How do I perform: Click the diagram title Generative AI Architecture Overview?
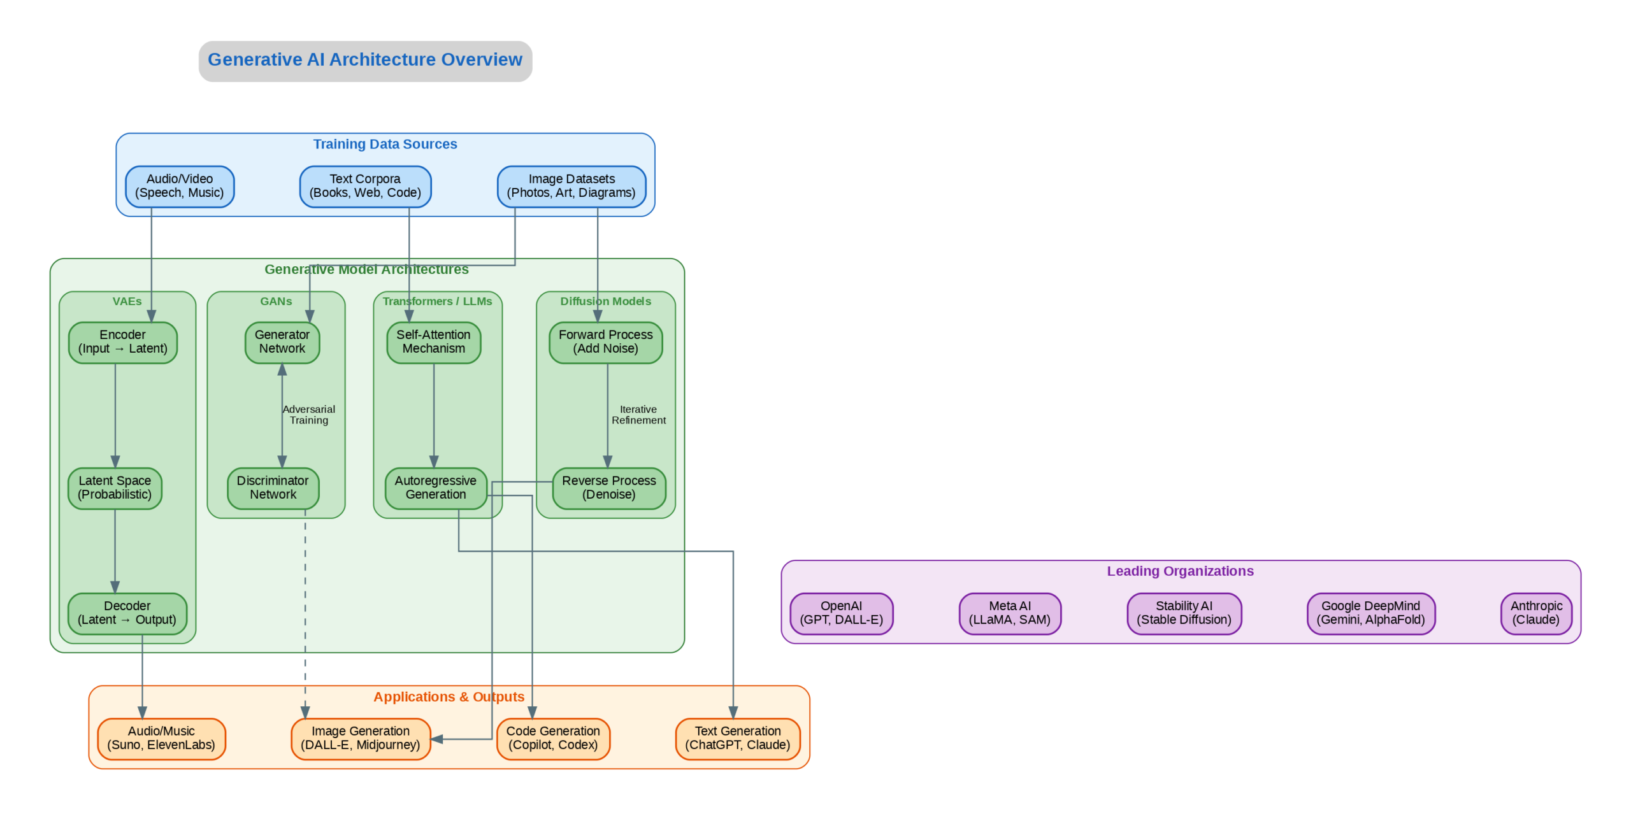tap(364, 60)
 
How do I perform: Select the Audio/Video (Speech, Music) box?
tap(180, 186)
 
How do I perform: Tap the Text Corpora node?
tap(365, 186)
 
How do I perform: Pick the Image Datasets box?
tap(571, 186)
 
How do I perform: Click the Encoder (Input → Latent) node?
tap(122, 342)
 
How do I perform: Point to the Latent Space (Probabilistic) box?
tap(115, 488)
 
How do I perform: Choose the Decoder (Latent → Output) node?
tap(127, 613)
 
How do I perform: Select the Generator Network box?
tap(282, 342)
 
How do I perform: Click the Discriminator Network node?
tap(273, 488)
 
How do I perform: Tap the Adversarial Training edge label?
tap(309, 415)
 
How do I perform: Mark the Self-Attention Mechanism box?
tap(433, 342)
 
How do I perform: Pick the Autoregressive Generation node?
tap(435, 488)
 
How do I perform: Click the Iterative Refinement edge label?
tap(638, 415)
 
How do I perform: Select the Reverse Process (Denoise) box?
tap(608, 488)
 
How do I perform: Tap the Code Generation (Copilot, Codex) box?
tap(552, 738)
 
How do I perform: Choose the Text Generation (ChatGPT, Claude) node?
tap(737, 738)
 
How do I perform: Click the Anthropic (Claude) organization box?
tap(1535, 613)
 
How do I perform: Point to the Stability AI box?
tap(1184, 613)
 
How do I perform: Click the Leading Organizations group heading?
tap(1180, 571)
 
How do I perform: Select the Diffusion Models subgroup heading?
tap(605, 301)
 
